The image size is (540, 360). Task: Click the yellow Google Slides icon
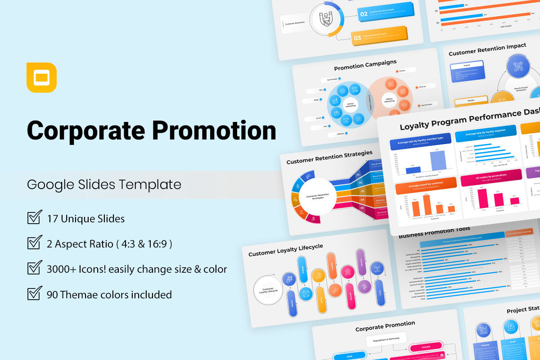click(41, 78)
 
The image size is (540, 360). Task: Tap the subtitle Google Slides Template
click(104, 184)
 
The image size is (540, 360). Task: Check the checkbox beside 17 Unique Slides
click(35, 217)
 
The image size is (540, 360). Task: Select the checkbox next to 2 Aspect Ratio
click(35, 243)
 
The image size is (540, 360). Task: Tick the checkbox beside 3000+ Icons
click(35, 269)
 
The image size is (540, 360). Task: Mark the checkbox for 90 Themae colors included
click(35, 294)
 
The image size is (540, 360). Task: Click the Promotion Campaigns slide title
click(365, 65)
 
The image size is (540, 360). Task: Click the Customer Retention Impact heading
click(487, 49)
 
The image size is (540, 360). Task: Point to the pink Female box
click(426, 347)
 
